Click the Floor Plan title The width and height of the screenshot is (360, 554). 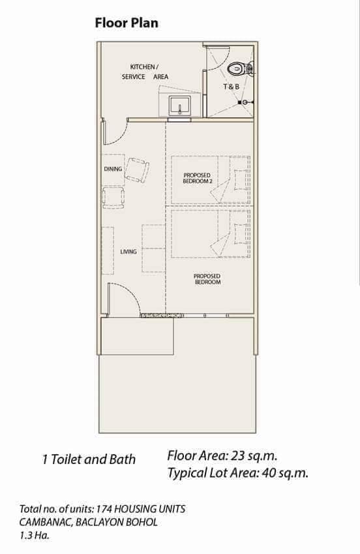pos(127,23)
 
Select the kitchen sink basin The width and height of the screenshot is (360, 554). pos(179,105)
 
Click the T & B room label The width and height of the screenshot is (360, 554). pos(232,86)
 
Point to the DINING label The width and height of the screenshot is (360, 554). pos(113,169)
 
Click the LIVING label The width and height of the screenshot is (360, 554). pos(128,252)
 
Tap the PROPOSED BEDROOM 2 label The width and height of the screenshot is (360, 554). pos(198,178)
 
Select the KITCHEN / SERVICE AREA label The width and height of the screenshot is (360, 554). pos(145,72)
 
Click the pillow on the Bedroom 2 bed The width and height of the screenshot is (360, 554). pos(241,179)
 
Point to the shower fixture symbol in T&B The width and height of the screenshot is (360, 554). pos(245,102)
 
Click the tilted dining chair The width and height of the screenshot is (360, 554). pos(137,170)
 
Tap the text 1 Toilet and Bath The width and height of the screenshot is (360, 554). pos(89,459)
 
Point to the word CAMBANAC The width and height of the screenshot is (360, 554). pos(46,522)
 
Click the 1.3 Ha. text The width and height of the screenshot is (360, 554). pos(35,535)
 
